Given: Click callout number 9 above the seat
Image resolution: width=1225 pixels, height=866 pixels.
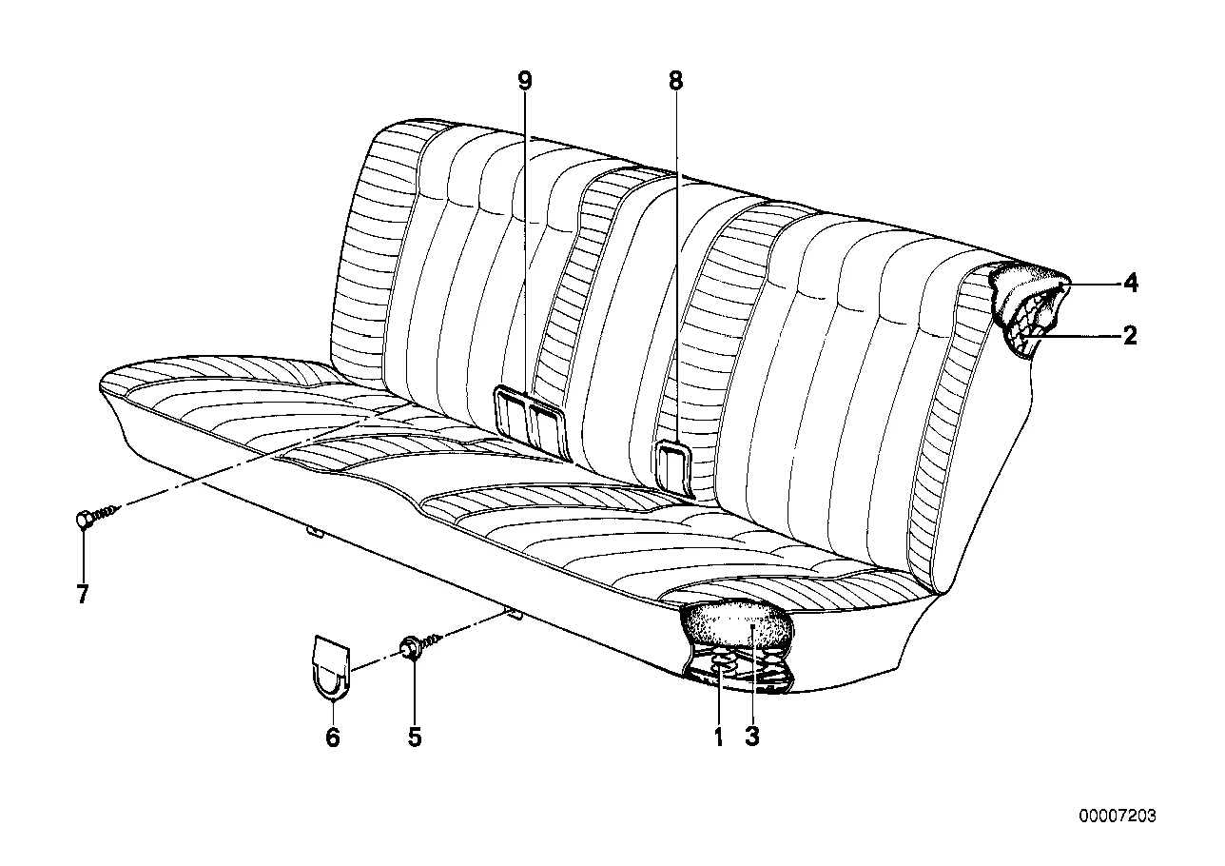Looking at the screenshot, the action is (x=524, y=82).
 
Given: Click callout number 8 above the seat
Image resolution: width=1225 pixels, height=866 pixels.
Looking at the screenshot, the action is (x=676, y=82).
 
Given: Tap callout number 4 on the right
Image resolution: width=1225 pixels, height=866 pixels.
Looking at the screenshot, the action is (x=1130, y=284).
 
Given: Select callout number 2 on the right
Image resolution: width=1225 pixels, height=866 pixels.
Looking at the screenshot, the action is (x=1130, y=335).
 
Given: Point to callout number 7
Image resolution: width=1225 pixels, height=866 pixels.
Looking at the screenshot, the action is (x=83, y=594).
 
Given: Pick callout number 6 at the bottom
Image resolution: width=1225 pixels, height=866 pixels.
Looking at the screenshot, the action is (x=333, y=738).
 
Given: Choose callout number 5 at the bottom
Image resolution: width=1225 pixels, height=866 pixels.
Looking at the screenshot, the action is (x=415, y=738).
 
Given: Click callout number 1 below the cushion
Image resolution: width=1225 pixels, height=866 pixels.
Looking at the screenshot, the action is (x=719, y=738).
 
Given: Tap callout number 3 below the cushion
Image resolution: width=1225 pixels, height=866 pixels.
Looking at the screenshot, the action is (x=752, y=738).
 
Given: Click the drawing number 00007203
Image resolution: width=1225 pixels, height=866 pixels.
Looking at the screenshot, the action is (x=1118, y=817).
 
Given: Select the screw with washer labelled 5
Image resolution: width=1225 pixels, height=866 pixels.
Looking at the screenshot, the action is (x=420, y=644).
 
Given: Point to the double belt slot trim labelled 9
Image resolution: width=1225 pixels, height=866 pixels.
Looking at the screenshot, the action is (x=530, y=422).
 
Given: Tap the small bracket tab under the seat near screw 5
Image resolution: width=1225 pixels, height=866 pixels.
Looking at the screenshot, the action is (x=515, y=616).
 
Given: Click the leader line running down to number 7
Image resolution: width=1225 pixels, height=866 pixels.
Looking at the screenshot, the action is (x=83, y=554).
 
